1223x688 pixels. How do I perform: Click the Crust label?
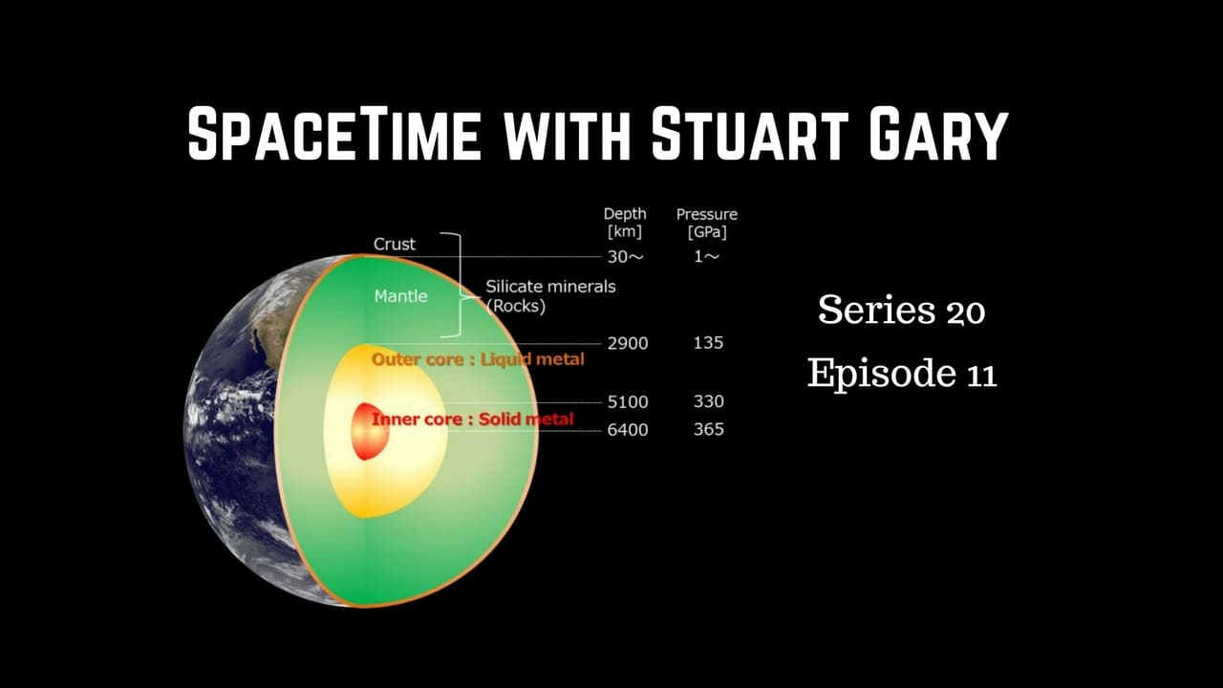click(x=395, y=244)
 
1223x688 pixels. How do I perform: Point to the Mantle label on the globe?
click(x=400, y=296)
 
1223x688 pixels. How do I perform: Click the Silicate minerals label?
click(x=550, y=287)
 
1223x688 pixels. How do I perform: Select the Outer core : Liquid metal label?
click(x=477, y=359)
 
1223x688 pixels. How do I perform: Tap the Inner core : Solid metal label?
click(x=472, y=419)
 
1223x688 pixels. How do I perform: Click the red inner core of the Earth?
click(x=365, y=431)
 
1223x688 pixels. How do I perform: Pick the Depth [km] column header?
click(x=625, y=223)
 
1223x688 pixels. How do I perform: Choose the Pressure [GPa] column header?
click(x=707, y=223)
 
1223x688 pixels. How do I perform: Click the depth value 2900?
click(x=628, y=343)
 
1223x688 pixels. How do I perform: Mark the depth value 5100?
click(x=628, y=401)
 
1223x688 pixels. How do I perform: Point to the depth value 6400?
click(x=628, y=430)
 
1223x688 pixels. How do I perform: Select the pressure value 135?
click(x=708, y=343)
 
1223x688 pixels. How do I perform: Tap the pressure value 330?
click(x=708, y=401)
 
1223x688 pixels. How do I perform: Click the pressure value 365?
click(x=708, y=430)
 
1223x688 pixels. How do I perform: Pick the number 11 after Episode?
click(x=977, y=374)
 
